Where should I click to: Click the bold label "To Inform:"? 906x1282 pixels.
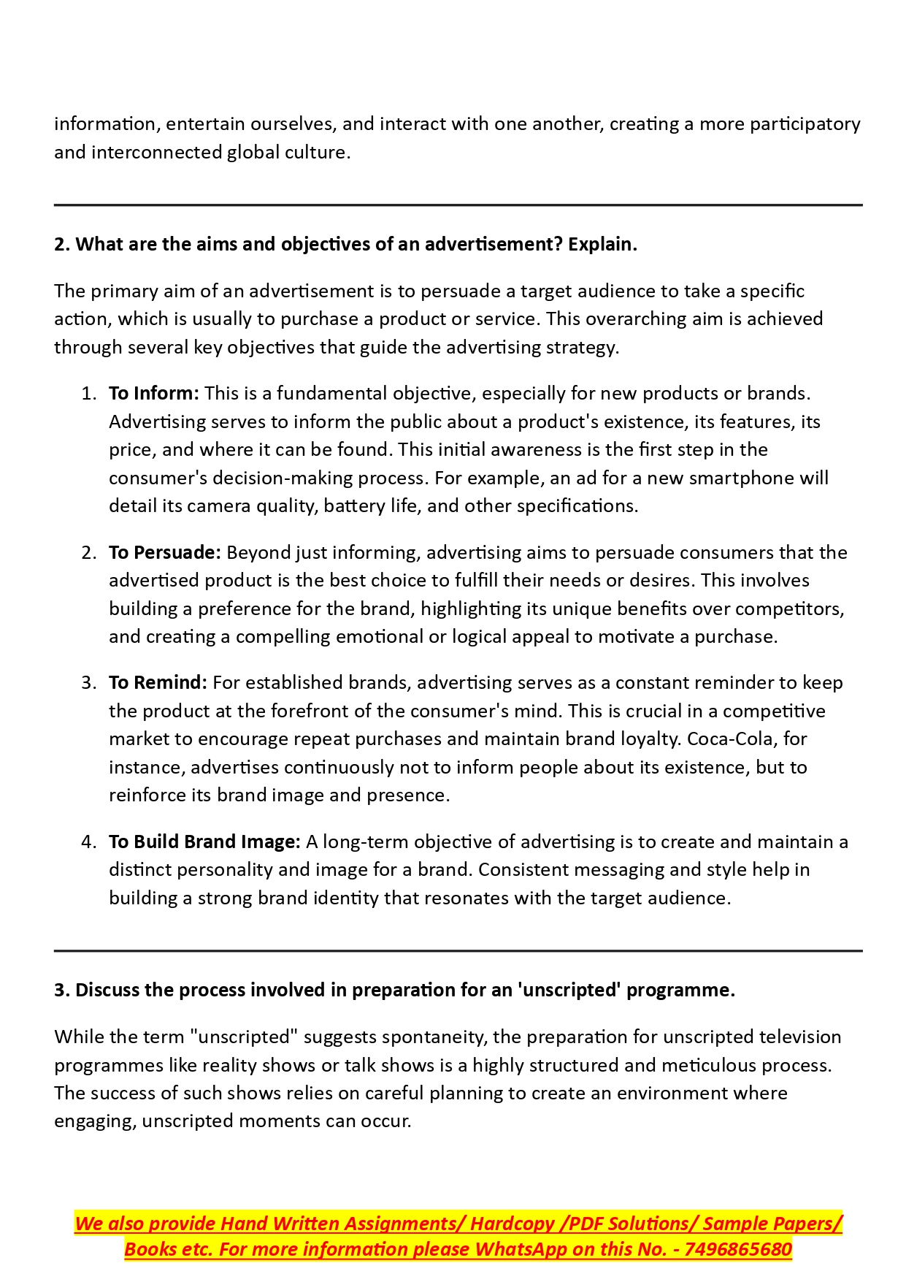[x=153, y=394]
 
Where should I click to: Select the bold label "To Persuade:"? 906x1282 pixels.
[x=164, y=553]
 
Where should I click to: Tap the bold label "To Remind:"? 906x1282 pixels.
[x=158, y=683]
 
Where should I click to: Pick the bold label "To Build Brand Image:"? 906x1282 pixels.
[x=204, y=842]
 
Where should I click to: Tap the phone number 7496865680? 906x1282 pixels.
[x=738, y=1250]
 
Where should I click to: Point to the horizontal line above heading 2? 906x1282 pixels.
[x=458, y=205]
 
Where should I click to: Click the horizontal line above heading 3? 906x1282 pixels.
[x=458, y=951]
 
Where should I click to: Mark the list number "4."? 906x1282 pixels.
[x=88, y=842]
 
